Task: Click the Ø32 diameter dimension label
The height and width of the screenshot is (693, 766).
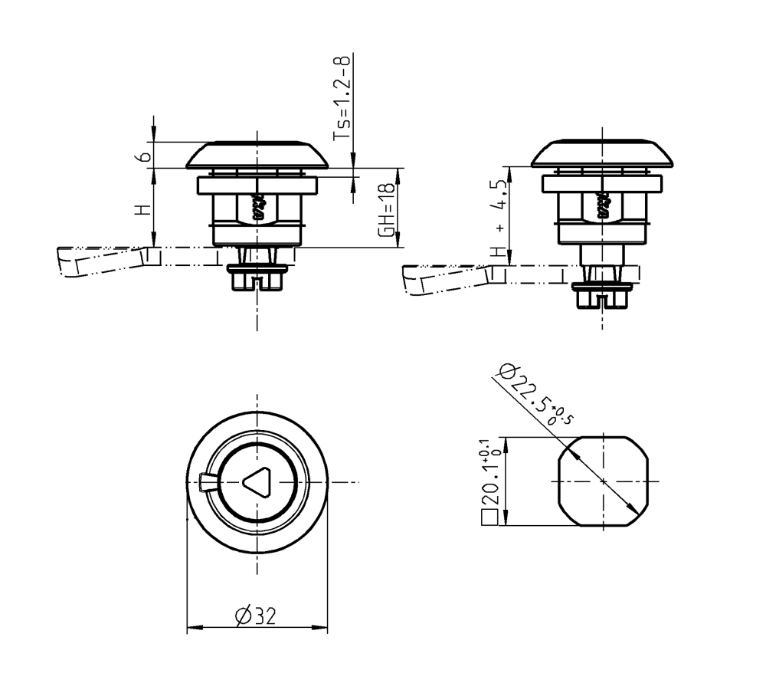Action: coord(257,616)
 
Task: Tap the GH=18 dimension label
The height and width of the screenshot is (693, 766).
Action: coord(389,209)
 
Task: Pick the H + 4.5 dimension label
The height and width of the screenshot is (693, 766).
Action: coord(501,219)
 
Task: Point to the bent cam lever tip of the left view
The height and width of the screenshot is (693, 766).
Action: coord(69,264)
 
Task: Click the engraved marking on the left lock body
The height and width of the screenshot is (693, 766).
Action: coord(257,207)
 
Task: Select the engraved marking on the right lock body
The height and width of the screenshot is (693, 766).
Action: coord(602,205)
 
